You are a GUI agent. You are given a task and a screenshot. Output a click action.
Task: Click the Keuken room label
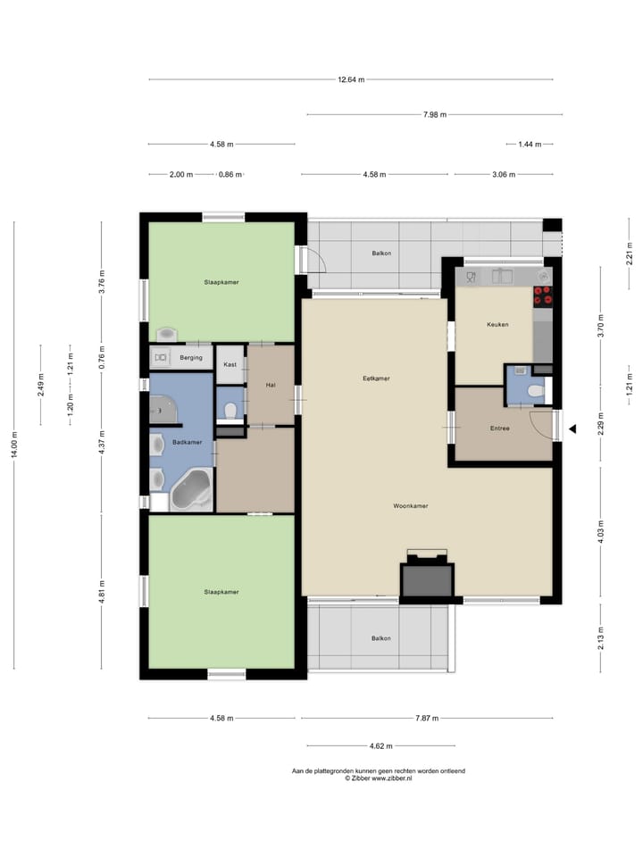pyautogui.click(x=497, y=325)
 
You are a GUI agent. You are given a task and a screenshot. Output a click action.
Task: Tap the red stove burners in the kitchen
pyautogui.click(x=543, y=295)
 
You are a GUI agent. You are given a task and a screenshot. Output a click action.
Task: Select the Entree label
pyautogui.click(x=499, y=428)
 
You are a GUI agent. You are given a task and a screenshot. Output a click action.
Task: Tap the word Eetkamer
pyautogui.click(x=376, y=379)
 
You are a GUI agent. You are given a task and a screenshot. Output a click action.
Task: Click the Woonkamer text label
pyautogui.click(x=410, y=506)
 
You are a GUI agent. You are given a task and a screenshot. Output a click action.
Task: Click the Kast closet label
pyautogui.click(x=230, y=364)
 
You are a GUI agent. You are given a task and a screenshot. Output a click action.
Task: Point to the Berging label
pyautogui.click(x=191, y=358)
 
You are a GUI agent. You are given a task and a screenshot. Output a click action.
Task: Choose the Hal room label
pyautogui.click(x=270, y=385)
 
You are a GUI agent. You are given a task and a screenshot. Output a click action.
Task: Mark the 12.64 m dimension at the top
pyautogui.click(x=351, y=79)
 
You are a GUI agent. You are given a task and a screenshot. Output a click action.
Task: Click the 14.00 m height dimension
pyautogui.click(x=13, y=445)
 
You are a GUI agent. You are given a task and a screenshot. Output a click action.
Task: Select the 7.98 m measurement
pyautogui.click(x=435, y=114)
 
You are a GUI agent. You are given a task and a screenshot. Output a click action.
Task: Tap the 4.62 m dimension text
pyautogui.click(x=381, y=745)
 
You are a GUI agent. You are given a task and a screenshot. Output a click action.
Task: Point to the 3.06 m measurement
pyautogui.click(x=504, y=174)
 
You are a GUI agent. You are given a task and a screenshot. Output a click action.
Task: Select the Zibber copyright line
pyautogui.click(x=379, y=778)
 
